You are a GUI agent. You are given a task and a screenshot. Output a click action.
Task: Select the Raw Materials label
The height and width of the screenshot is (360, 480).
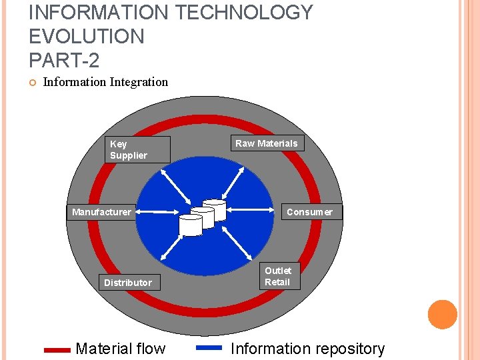267,143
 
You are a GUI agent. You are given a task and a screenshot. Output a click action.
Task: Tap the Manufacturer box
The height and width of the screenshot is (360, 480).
102,212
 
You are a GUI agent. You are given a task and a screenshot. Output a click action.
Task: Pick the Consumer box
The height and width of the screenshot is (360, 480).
309,212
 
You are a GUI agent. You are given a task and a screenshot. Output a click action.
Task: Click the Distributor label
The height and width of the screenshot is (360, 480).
128,283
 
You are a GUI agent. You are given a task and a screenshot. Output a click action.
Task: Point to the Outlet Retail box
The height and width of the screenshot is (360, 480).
278,276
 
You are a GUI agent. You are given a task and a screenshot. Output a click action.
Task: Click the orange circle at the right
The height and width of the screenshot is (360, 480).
443,315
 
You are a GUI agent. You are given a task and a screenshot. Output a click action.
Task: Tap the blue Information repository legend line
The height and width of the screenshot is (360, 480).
209,347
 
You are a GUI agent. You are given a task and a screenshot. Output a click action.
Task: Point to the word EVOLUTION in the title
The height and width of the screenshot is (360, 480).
87,37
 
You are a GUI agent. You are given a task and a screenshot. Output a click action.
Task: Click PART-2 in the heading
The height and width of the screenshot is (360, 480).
64,61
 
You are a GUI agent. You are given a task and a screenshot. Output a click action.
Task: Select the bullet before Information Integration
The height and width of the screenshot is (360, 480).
32,83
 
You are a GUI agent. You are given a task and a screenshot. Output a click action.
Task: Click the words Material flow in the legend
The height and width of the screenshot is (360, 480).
121,349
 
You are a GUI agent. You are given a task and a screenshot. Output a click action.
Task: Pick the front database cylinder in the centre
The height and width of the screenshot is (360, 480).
190,225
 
